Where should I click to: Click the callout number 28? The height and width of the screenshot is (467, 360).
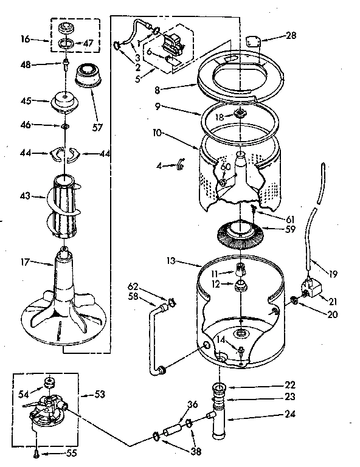coord(291,36)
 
